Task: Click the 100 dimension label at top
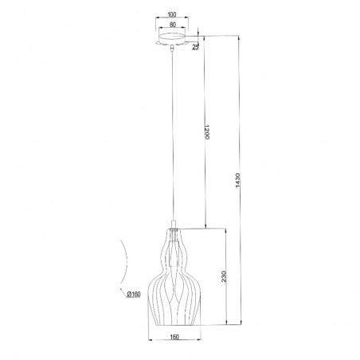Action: pyautogui.click(x=172, y=14)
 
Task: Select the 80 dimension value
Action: pyautogui.click(x=173, y=25)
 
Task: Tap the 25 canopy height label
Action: pyautogui.click(x=195, y=47)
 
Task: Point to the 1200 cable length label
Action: pyautogui.click(x=207, y=132)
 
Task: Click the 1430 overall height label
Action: pyautogui.click(x=237, y=181)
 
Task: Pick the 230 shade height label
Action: pyautogui.click(x=224, y=276)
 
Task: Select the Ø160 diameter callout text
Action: pyautogui.click(x=134, y=294)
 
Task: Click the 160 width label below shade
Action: pyautogui.click(x=174, y=337)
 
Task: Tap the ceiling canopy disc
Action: pyautogui.click(x=172, y=39)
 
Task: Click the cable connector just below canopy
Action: pyautogui.click(x=172, y=48)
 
